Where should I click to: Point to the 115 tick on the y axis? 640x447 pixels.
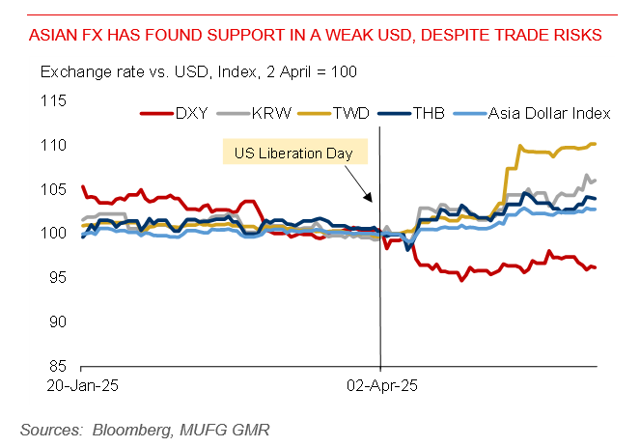pyautogui.click(x=55, y=100)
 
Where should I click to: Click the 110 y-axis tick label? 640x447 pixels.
pyautogui.click(x=55, y=145)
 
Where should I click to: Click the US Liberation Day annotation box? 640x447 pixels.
pyautogui.click(x=293, y=153)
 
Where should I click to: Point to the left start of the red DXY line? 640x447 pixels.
pyautogui.click(x=82, y=187)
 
